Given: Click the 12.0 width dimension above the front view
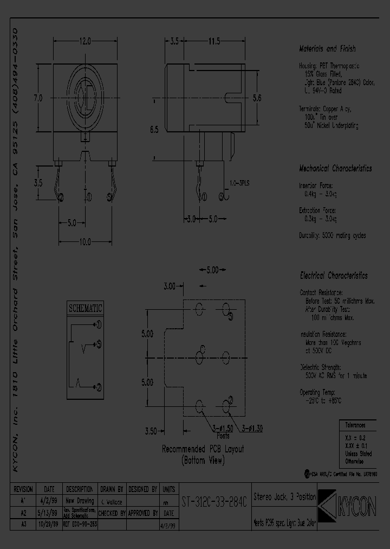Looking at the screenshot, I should pyautogui.click(x=85, y=41).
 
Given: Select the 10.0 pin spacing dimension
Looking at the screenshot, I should pyautogui.click(x=85, y=242).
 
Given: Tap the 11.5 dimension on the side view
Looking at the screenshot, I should pyautogui.click(x=213, y=41).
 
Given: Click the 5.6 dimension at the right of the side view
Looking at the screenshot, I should pyautogui.click(x=257, y=98).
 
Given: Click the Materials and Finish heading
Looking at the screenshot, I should pyautogui.click(x=327, y=49).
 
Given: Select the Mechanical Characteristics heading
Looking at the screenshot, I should pyautogui.click(x=335, y=168).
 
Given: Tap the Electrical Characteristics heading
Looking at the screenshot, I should pyautogui.click(x=333, y=276).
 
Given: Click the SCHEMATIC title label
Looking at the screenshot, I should pyautogui.click(x=85, y=308).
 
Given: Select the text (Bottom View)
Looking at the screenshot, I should pyautogui.click(x=203, y=461).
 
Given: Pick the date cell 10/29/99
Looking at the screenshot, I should pyautogui.click(x=49, y=526).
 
